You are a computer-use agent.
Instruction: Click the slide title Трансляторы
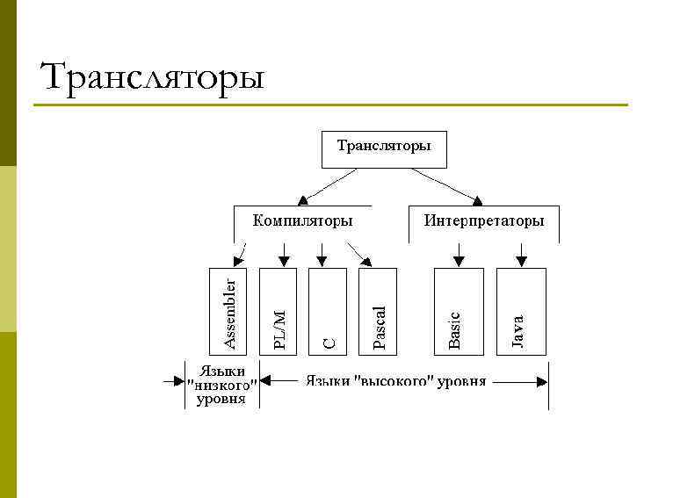(152, 77)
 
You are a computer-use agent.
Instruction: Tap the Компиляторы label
(302, 220)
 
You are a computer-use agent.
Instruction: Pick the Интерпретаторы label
(484, 220)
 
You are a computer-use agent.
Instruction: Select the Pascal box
(378, 312)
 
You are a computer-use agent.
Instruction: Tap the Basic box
(459, 312)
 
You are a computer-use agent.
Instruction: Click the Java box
(521, 312)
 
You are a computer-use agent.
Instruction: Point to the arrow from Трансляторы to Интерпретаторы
(447, 184)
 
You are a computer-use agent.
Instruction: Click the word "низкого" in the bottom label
(222, 384)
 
